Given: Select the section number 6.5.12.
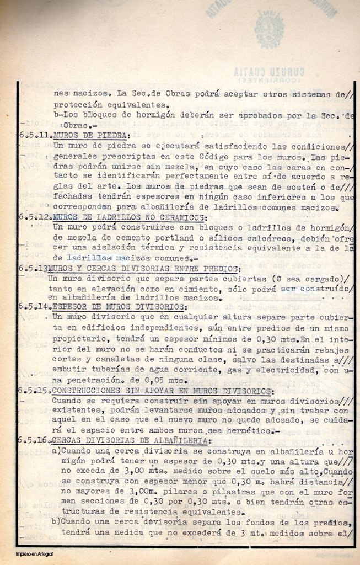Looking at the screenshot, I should click(35, 217).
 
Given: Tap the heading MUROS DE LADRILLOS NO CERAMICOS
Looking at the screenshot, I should click(128, 217).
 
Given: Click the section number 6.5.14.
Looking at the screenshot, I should click(35, 307).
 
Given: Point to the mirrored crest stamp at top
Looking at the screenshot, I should click(270, 30).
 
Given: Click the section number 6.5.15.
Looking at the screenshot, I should click(34, 391).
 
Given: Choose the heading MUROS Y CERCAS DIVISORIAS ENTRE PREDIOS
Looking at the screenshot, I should click(145, 269).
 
